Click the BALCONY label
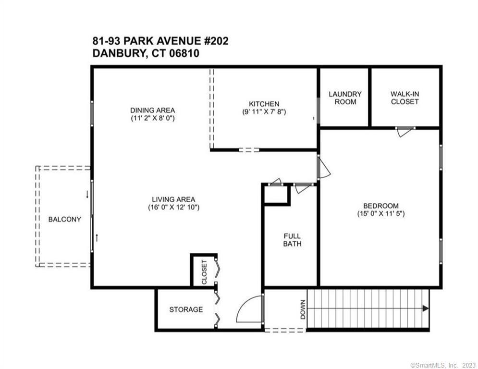pos(65,219)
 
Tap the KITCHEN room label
pos(264,104)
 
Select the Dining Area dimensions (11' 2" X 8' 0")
pos(152,118)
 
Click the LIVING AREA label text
pos(173,199)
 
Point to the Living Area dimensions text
pos(173,208)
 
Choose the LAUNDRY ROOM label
pos(345,98)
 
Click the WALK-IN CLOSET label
pos(404,98)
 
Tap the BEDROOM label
pos(381,206)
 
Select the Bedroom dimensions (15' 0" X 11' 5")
pos(381,214)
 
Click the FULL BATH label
pos(292,240)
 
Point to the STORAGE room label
pos(186,309)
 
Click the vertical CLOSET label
pos(204,272)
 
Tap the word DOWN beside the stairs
pos(303,309)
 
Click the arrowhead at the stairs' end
pos(425,308)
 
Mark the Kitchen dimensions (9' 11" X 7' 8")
pos(264,111)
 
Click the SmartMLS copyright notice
pos(443,365)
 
